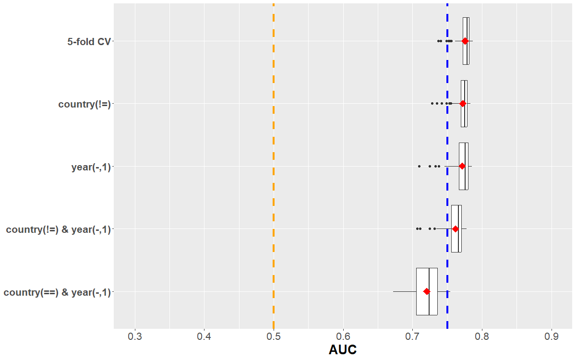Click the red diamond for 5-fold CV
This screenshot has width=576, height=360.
(x=465, y=41)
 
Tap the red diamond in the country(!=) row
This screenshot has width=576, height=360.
(x=463, y=104)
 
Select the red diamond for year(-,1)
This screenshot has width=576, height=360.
(x=462, y=166)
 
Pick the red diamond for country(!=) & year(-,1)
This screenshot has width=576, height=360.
(x=456, y=229)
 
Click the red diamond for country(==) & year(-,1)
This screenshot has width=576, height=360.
(x=427, y=291)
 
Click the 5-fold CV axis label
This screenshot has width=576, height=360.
(x=89, y=42)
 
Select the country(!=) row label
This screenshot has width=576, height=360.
(x=84, y=104)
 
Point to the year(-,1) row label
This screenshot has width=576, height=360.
(x=91, y=167)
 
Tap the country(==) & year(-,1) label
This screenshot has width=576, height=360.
(x=57, y=292)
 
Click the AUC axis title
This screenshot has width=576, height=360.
(x=343, y=350)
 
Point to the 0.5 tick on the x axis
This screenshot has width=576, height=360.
(x=274, y=335)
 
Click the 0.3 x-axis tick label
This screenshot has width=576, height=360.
(x=135, y=335)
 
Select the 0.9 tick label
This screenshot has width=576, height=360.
(x=552, y=335)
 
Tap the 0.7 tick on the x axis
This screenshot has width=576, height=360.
(x=412, y=335)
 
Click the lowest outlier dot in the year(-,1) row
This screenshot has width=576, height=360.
(x=419, y=166)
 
